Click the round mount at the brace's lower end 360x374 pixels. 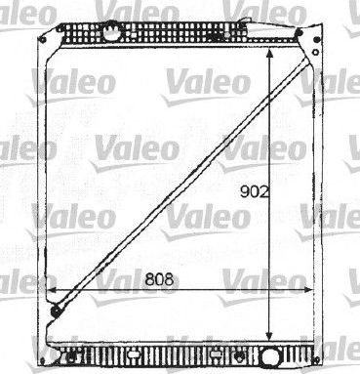[56, 312]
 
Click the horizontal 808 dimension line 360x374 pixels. [117, 290]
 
